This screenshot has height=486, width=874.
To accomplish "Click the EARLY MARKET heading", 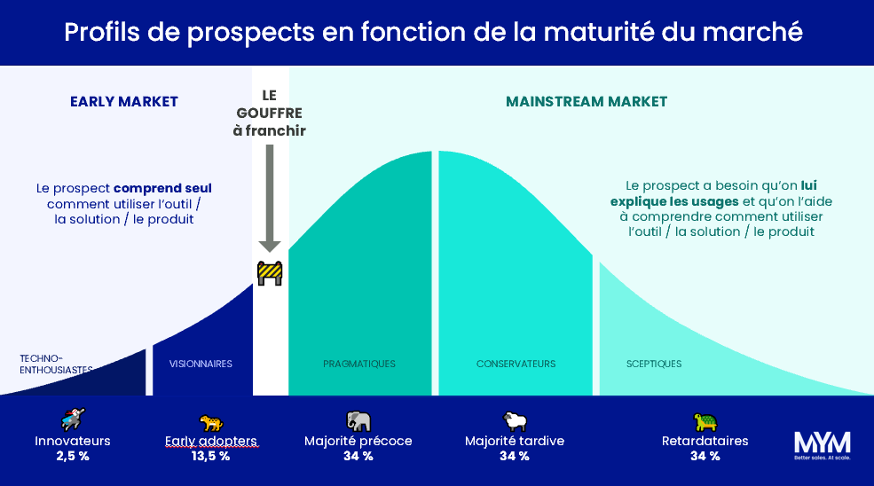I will [x=124, y=102].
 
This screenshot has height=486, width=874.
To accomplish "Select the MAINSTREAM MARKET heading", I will [x=587, y=102].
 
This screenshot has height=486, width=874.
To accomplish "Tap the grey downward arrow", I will [x=271, y=195].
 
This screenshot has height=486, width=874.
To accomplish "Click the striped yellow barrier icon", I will [x=270, y=273].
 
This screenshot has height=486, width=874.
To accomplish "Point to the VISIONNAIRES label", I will [x=201, y=364].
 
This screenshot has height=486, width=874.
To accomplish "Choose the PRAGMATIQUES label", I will [x=359, y=364].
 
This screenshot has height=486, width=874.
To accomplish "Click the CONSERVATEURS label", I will [x=516, y=364].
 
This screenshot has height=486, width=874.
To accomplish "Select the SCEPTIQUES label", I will [x=654, y=364].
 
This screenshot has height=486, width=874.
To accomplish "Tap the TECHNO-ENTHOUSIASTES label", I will [x=56, y=364].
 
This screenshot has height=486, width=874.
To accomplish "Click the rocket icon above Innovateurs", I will [x=73, y=419].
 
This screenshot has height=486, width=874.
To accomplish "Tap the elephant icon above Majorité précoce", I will [x=358, y=420].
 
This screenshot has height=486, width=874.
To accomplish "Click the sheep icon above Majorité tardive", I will [x=515, y=420].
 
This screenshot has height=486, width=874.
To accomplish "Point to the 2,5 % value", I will [x=72, y=457].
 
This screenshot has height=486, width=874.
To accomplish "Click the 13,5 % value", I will [x=211, y=457].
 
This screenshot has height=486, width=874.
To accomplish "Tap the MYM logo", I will [x=822, y=443].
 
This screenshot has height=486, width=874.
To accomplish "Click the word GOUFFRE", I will [x=270, y=114].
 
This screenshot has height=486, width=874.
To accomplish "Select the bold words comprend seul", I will [x=162, y=189].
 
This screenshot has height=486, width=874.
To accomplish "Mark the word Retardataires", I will [x=705, y=441].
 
